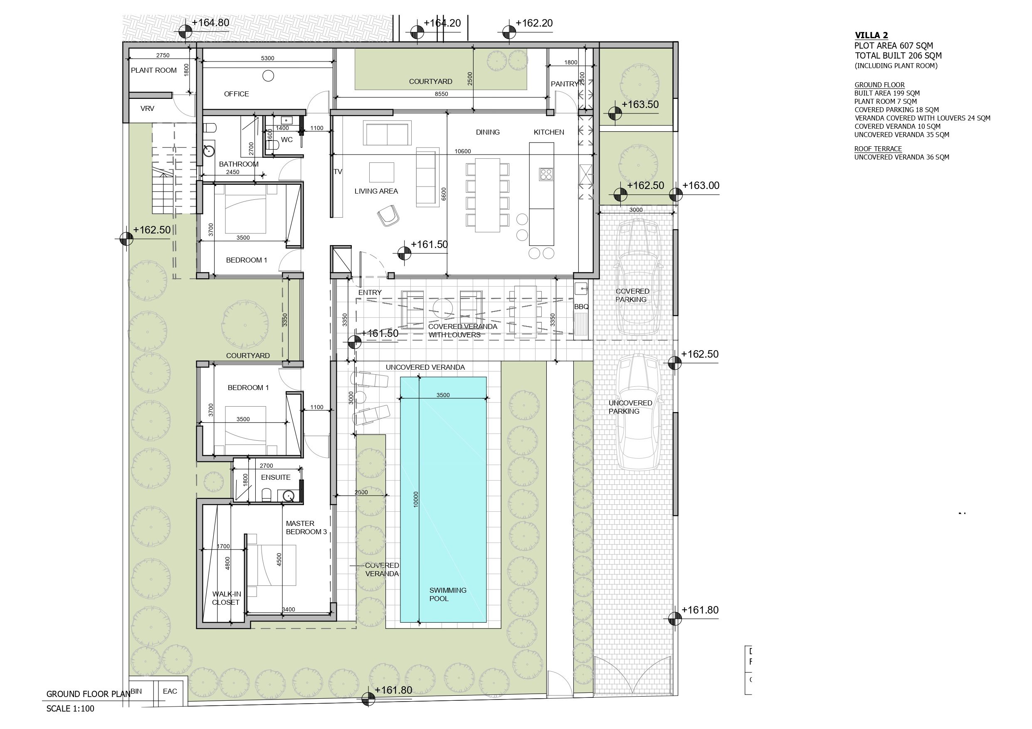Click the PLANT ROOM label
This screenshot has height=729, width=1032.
pyautogui.click(x=154, y=71)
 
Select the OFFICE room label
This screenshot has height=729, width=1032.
pyautogui.click(x=237, y=94)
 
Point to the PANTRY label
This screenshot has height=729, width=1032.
pyautogui.click(x=565, y=84)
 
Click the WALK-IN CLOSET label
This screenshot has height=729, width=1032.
pyautogui.click(x=226, y=598)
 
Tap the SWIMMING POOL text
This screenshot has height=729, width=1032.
pyautogui.click(x=448, y=594)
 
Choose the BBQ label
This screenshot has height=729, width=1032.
pyautogui.click(x=581, y=307)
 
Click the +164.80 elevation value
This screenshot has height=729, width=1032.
pyautogui.click(x=210, y=23)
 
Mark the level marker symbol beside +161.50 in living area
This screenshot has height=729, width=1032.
pyautogui.click(x=405, y=253)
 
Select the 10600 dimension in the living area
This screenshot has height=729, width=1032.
pyautogui.click(x=462, y=151)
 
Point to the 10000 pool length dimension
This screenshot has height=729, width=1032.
pyautogui.click(x=416, y=499)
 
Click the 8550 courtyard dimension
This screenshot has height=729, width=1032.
pyautogui.click(x=442, y=94)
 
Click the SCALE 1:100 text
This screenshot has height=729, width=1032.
pyautogui.click(x=70, y=709)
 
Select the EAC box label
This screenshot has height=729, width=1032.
pyautogui.click(x=170, y=691)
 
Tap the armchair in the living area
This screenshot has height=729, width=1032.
pyautogui.click(x=388, y=216)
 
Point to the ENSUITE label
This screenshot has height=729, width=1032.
pyautogui.click(x=276, y=477)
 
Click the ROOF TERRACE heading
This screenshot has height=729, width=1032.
pyautogui.click(x=878, y=149)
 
